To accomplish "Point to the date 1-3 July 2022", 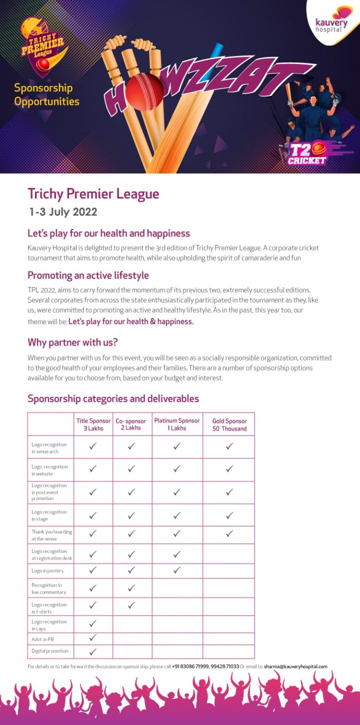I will [63, 212].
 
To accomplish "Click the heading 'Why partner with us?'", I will [72, 342].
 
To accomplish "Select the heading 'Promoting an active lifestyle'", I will [88, 276].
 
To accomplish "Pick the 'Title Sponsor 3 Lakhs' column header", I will [93, 424].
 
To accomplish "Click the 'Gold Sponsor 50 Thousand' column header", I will [229, 424].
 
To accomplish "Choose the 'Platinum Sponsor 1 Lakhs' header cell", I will [177, 424].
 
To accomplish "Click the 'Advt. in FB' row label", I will [43, 639].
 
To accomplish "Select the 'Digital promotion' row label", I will [50, 651].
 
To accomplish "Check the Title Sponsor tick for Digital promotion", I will [93, 652].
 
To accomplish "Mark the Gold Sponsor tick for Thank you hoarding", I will [229, 533].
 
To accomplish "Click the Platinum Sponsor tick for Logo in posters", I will [177, 570].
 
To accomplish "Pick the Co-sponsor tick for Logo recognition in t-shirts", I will [131, 606].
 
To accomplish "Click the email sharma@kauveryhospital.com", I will [296, 666].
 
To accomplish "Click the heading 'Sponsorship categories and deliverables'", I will [113, 399].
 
